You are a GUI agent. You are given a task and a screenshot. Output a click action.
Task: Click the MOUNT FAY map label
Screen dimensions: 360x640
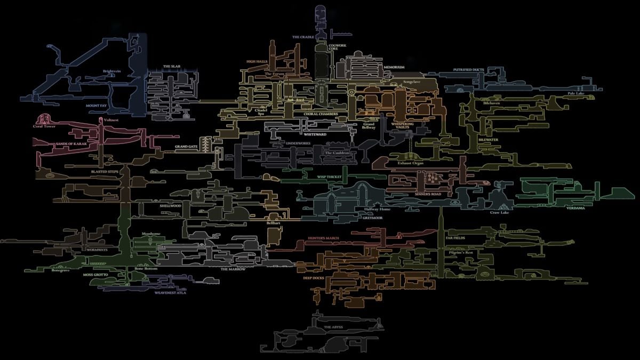[97, 106]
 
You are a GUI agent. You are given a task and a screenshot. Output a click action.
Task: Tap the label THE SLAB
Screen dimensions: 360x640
[172, 67]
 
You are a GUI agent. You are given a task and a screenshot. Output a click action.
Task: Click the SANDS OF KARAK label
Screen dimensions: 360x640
[71, 144]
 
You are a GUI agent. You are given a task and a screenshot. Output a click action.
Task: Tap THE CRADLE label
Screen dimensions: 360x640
[302, 37]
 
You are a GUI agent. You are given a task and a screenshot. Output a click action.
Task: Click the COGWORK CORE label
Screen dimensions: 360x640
[337, 47]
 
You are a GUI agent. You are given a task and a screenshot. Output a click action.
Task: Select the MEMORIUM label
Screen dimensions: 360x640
[393, 67]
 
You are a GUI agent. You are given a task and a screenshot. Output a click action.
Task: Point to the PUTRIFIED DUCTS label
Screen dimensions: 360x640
[469, 69]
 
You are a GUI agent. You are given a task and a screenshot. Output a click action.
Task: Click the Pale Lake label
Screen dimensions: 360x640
[576, 93]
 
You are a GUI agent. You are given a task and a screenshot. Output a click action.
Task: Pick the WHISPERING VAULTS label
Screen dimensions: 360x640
[403, 125]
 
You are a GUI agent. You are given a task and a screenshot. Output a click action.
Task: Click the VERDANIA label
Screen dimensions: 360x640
[576, 208]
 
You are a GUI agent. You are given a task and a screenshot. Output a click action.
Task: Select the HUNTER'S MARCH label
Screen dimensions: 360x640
[323, 238]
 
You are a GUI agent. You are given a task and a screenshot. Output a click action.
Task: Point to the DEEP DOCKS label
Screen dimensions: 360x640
[314, 278]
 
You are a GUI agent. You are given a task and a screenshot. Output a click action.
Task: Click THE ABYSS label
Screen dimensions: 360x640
[333, 326]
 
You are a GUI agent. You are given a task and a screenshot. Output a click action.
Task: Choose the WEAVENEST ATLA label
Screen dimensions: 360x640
[170, 293]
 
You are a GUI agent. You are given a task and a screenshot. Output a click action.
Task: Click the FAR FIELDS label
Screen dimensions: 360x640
[455, 238]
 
